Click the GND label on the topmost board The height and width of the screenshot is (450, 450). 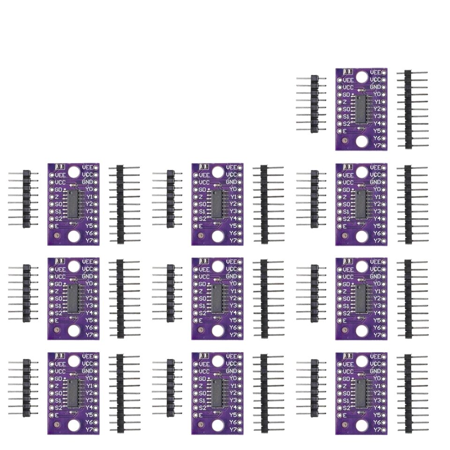(x=375, y=87)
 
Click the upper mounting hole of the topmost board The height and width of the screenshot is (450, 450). (x=361, y=76)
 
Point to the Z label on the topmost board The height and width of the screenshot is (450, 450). (x=345, y=102)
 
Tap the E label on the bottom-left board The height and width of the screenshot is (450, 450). (x=57, y=415)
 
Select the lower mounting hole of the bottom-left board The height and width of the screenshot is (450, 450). (x=74, y=425)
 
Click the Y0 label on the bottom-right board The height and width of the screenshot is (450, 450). (x=376, y=378)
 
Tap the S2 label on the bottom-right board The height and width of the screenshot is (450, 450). (x=347, y=408)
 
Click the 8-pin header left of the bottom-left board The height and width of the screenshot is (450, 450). (x=26, y=388)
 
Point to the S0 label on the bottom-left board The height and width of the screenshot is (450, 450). (x=59, y=393)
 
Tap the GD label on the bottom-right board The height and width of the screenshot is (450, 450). (x=346, y=378)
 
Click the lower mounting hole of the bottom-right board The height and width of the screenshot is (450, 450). (x=361, y=425)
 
